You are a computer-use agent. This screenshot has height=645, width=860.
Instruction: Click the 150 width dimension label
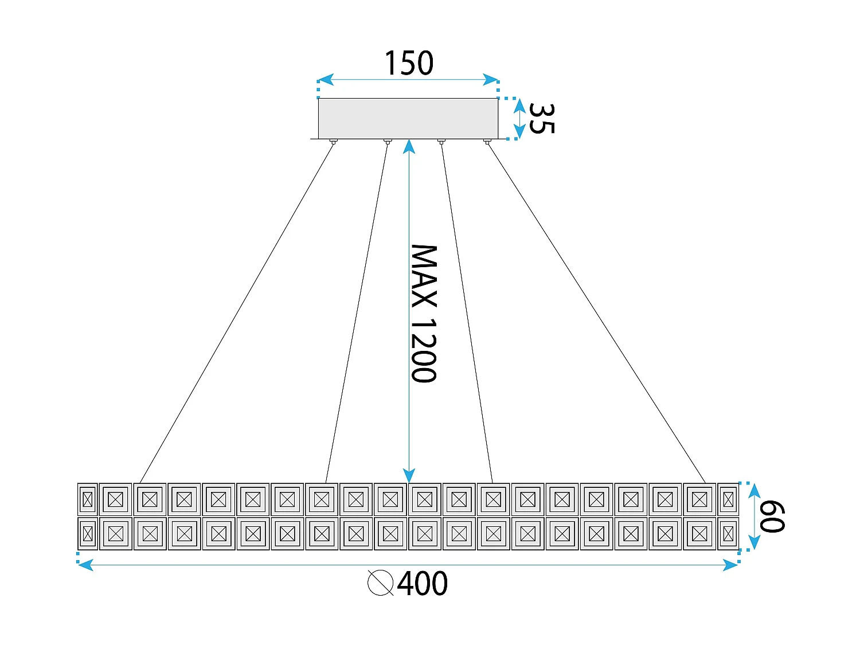[408, 63]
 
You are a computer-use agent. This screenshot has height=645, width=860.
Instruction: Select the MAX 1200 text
[424, 314]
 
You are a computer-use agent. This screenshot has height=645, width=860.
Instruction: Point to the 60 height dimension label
[772, 516]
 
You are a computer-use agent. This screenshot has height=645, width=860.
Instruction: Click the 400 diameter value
[423, 584]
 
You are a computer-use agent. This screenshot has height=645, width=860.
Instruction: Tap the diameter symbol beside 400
[380, 583]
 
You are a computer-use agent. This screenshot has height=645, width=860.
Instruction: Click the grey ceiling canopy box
[408, 118]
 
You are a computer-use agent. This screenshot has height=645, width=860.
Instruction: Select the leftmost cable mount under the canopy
[333, 141]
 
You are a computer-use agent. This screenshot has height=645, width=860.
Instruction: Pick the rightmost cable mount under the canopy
[487, 141]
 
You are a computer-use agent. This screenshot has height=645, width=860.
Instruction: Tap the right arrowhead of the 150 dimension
[491, 80]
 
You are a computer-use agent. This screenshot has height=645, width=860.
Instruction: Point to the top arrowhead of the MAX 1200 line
[409, 147]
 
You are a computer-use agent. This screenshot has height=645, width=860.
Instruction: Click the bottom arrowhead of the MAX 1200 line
[409, 475]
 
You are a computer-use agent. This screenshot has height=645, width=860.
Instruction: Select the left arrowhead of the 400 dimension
[85, 565]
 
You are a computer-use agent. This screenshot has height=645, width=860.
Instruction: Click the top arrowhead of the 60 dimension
[755, 491]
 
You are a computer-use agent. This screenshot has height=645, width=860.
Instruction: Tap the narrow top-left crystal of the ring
[87, 499]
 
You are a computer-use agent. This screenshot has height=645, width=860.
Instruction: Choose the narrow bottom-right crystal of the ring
[728, 534]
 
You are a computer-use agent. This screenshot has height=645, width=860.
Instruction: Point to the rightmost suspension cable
[596, 313]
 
